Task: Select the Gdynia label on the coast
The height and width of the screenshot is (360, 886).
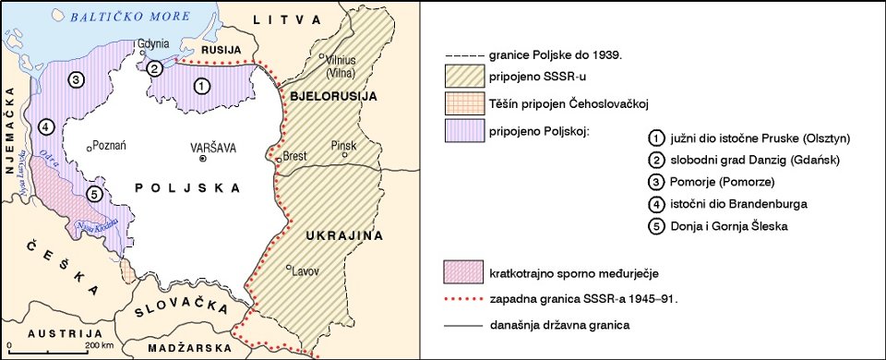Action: (x=153, y=44)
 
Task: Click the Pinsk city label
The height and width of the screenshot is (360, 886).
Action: (x=343, y=145)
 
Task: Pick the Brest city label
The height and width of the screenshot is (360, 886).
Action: (x=294, y=156)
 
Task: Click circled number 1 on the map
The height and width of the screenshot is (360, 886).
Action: (x=201, y=85)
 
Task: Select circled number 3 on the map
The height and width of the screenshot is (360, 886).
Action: (x=77, y=78)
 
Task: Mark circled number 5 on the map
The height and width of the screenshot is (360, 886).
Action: (x=91, y=194)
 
